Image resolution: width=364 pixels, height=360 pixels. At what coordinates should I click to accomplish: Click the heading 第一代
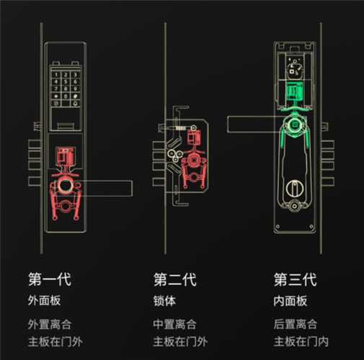[50, 279]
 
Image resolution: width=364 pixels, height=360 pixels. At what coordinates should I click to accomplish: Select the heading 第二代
[175, 279]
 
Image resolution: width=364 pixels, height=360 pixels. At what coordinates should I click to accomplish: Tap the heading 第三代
[296, 279]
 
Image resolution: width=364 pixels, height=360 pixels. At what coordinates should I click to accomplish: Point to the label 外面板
[44, 300]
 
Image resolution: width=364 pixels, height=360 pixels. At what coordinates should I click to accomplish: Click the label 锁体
[164, 301]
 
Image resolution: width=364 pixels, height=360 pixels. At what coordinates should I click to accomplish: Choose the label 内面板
[290, 301]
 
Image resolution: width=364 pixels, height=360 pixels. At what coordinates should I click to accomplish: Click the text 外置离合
[50, 324]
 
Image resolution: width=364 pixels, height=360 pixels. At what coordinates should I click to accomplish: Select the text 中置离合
[175, 324]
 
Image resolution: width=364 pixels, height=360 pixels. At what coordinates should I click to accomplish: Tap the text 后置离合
[296, 324]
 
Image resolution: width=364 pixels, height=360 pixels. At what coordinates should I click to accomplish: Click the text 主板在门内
[301, 341]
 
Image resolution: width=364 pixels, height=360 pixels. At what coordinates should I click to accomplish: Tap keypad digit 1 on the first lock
[56, 75]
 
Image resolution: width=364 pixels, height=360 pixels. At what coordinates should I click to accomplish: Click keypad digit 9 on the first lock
[75, 89]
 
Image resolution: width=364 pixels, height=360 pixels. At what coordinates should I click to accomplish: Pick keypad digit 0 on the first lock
[66, 96]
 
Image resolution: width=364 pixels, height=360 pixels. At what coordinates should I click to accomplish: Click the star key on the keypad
[56, 96]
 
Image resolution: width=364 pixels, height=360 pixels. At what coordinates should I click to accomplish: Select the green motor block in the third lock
[295, 91]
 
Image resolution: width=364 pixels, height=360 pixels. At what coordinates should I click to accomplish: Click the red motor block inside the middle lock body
[194, 138]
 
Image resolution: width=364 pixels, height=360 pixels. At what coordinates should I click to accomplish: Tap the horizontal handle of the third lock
[254, 125]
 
